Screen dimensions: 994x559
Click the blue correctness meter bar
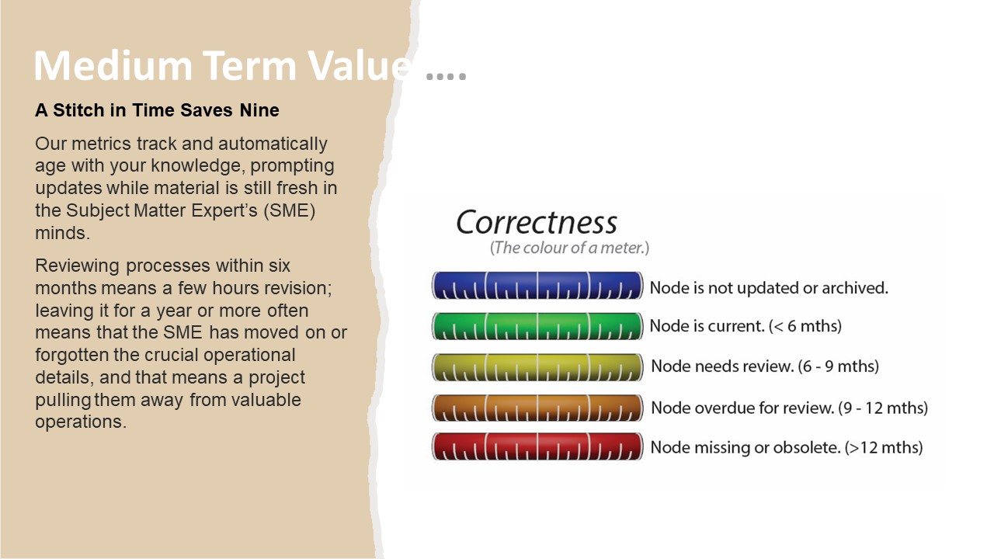537,286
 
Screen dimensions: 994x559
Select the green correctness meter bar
537,327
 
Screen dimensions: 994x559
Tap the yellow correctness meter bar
537,367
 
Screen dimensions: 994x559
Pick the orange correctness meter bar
537,408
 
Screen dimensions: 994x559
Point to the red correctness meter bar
537,446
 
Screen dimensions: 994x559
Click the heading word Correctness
537,222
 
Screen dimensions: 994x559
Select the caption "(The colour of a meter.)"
569,248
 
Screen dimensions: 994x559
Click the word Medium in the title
113,66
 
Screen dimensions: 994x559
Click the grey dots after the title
446,76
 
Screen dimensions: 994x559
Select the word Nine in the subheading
259,110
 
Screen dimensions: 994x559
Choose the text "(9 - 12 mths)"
883,408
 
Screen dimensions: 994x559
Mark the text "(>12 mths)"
884,447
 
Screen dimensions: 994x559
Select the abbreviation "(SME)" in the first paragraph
290,210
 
